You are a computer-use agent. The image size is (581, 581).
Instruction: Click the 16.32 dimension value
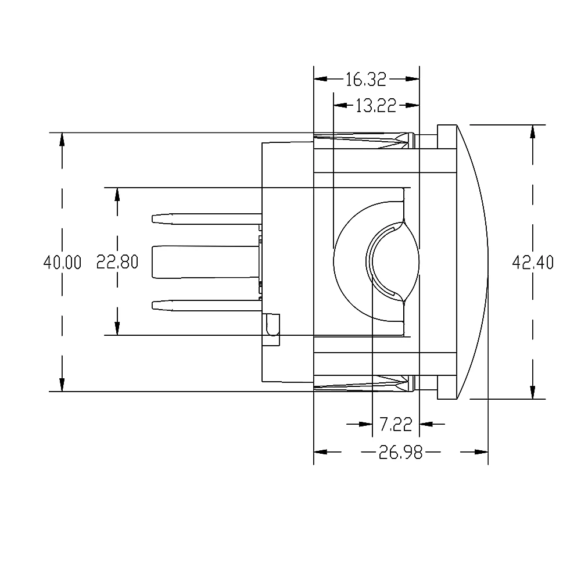click(x=367, y=79)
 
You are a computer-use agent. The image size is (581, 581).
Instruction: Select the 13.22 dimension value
click(x=375, y=105)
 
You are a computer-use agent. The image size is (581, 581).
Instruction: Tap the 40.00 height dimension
click(x=62, y=263)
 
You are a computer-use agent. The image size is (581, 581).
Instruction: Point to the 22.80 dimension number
click(x=117, y=263)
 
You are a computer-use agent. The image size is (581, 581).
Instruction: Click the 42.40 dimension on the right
click(x=532, y=263)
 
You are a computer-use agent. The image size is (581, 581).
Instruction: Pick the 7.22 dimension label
click(x=395, y=425)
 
